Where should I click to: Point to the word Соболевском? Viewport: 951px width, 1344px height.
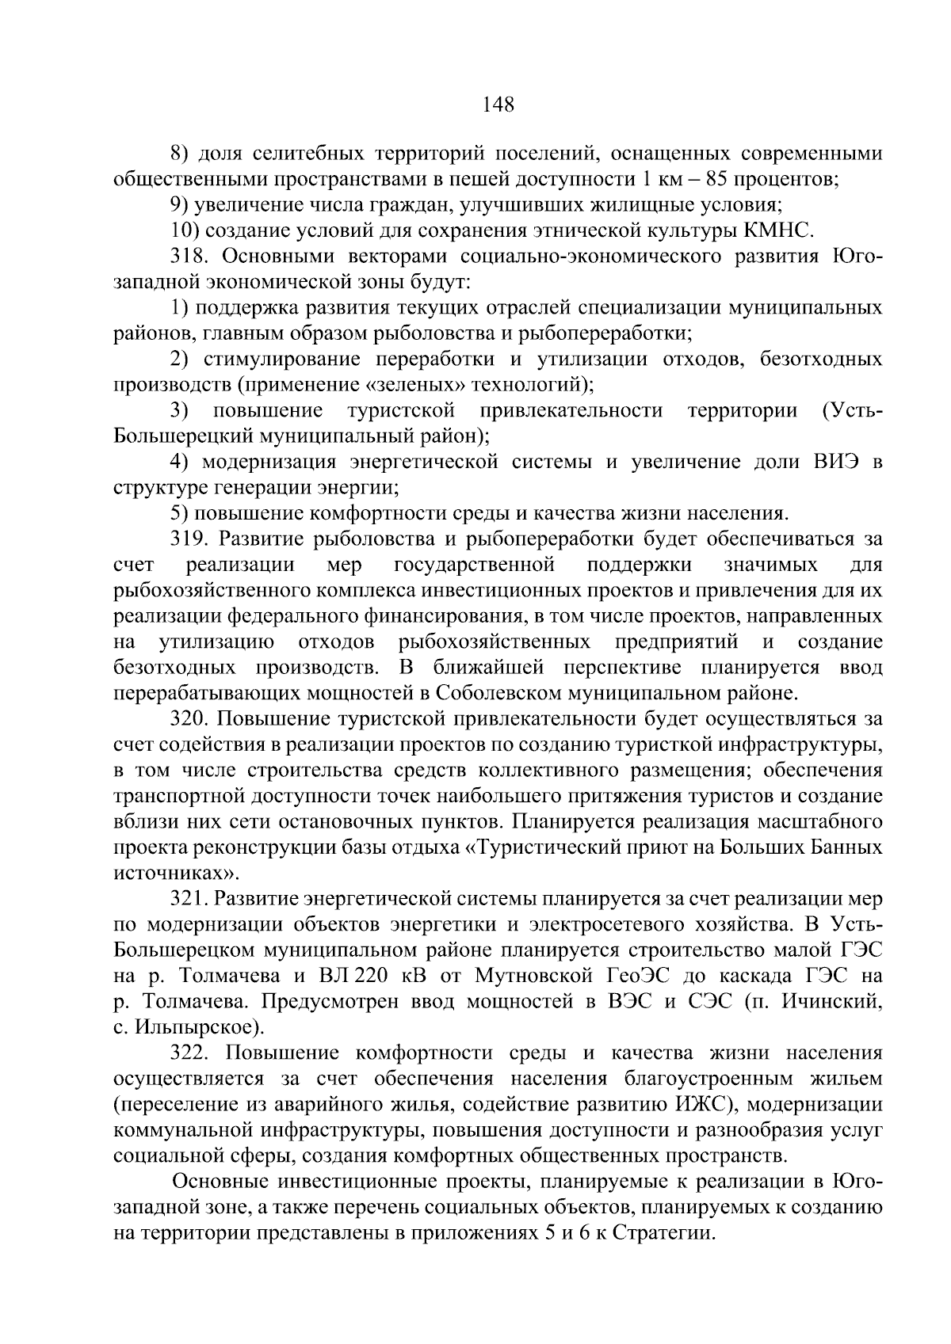pos(498,694)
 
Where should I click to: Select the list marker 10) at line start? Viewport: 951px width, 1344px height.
pos(185,230)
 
